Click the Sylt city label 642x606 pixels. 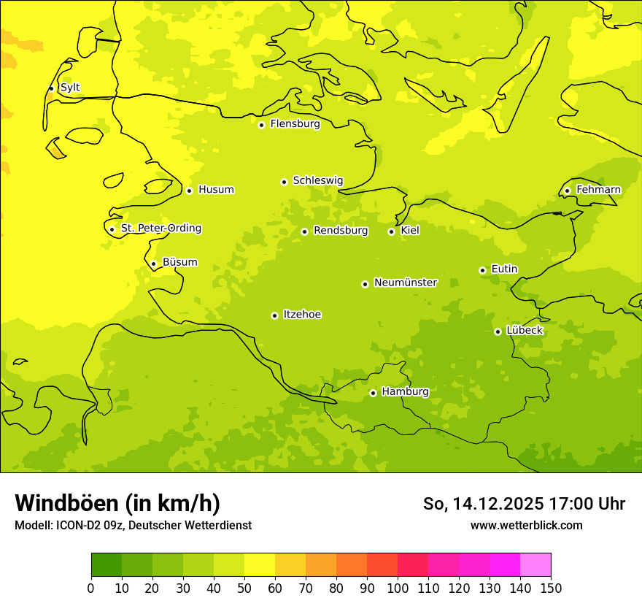[70, 88]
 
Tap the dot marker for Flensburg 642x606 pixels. [261, 125]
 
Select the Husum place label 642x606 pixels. [216, 190]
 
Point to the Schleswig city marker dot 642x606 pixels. [284, 182]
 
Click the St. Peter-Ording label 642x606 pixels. [161, 229]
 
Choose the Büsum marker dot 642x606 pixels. [153, 264]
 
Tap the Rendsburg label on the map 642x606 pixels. [341, 231]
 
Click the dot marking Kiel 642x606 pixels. [391, 231]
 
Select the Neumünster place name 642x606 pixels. [406, 283]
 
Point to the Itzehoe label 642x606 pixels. [302, 315]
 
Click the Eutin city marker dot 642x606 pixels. [482, 270]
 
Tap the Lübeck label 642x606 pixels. [525, 330]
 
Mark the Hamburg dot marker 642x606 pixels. [373, 393]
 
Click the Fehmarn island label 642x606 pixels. [598, 190]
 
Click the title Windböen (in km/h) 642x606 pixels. [117, 503]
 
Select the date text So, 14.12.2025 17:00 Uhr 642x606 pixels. [524, 504]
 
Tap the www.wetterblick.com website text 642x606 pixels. [526, 525]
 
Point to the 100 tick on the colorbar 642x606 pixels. [398, 588]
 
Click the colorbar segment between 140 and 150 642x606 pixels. [535, 565]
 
